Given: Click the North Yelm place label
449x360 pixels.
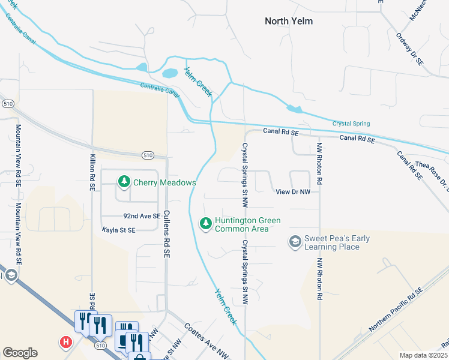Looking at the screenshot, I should (x=289, y=21).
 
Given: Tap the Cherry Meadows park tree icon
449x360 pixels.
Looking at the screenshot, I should (x=124, y=181).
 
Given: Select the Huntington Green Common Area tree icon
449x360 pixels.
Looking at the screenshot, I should (x=206, y=223).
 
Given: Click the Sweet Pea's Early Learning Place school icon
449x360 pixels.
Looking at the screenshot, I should (x=295, y=242).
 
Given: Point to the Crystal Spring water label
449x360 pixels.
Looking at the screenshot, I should (x=351, y=124).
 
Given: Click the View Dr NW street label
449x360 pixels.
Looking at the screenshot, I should (x=293, y=192).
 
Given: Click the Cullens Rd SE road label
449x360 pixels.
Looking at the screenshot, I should (x=166, y=229).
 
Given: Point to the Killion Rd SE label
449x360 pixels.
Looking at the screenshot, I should (x=92, y=171).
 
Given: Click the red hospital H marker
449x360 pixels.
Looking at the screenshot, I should (x=66, y=342).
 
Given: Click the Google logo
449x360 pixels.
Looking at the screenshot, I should (x=20, y=353).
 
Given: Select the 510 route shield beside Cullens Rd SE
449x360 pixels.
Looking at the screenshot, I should (x=148, y=155).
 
